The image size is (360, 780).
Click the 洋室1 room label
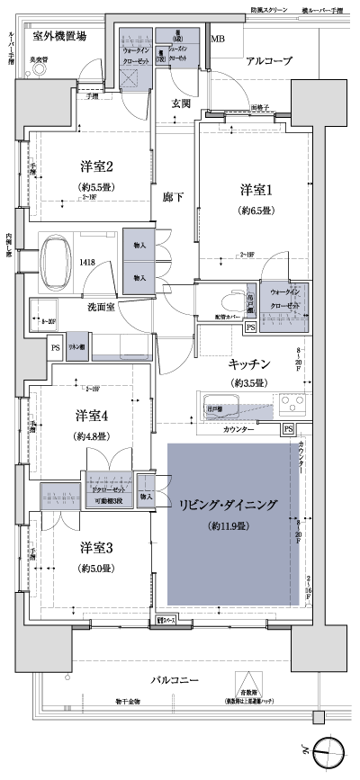pyautogui.click(x=255, y=190)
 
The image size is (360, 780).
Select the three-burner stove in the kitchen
pyautogui.click(x=292, y=402)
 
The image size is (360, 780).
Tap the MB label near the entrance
pyautogui.click(x=218, y=40)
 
